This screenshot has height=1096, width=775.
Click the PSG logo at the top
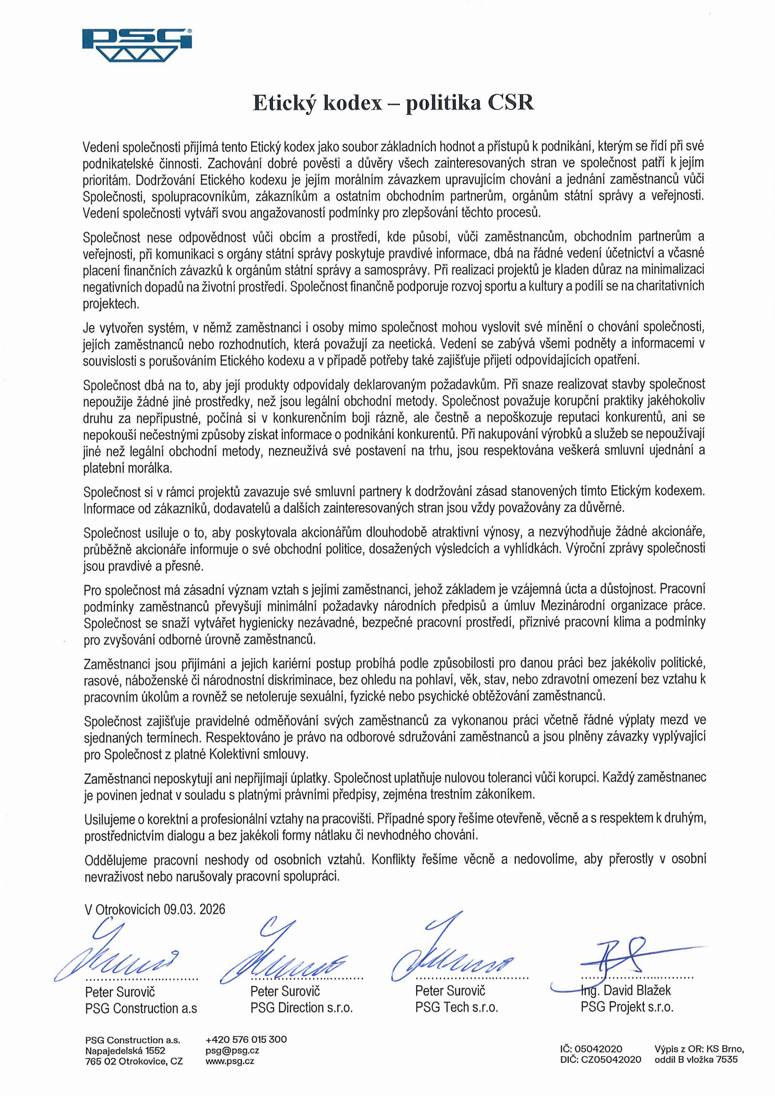(137, 45)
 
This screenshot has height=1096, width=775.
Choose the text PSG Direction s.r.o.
(301, 1008)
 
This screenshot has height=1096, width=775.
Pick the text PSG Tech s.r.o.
(456, 1008)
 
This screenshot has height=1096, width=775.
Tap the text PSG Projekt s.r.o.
(626, 1008)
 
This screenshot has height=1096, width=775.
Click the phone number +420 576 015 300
(246, 1039)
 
